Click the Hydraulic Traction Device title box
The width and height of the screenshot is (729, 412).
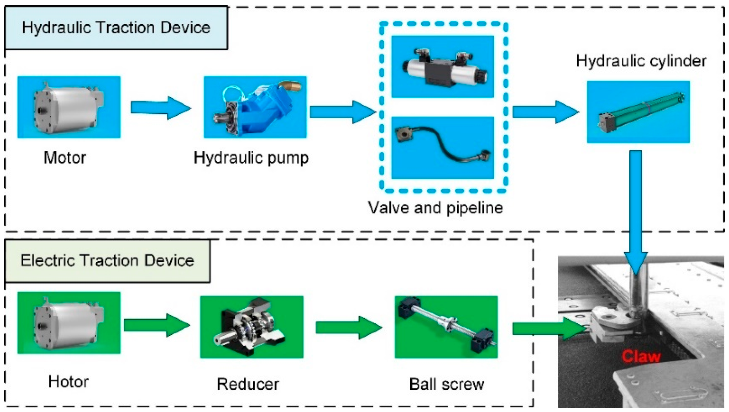tap(116, 28)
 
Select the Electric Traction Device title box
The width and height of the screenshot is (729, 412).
tap(107, 261)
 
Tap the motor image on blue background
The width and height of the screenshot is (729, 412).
tap(69, 107)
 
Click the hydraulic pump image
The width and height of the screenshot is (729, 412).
tap(255, 107)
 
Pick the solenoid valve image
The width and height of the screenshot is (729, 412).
tap(442, 67)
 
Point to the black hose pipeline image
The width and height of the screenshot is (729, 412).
tap(442, 148)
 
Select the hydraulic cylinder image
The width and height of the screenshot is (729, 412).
tap(638, 112)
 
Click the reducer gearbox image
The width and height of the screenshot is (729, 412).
tap(252, 327)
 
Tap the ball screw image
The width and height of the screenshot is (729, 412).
tap(446, 327)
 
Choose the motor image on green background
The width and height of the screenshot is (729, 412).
tap(69, 323)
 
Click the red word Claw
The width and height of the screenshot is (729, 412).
tap(641, 357)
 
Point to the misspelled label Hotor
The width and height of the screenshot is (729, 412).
tap(68, 382)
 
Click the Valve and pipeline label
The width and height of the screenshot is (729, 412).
tap(435, 208)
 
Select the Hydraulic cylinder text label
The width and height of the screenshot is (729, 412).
tap(641, 61)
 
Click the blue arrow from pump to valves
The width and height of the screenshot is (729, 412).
tap(342, 112)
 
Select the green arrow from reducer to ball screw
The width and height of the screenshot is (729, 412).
tap(348, 328)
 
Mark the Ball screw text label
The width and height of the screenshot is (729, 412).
tap(446, 384)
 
